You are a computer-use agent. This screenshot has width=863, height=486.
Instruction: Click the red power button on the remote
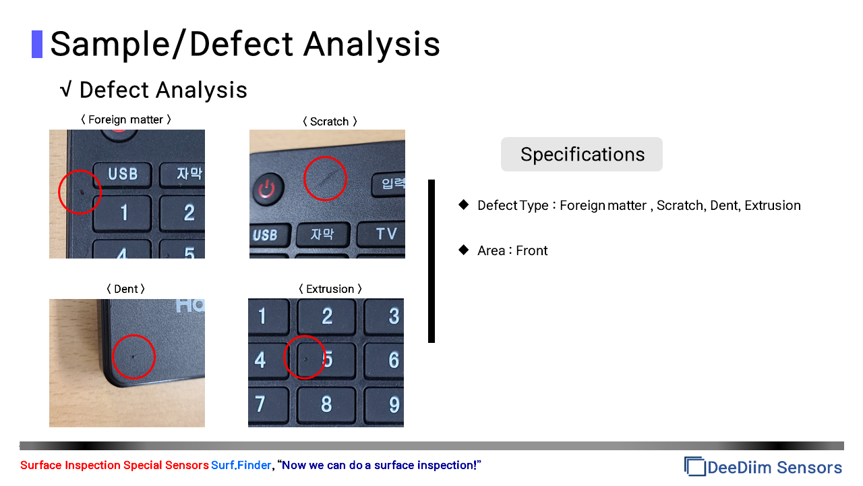tap(268, 188)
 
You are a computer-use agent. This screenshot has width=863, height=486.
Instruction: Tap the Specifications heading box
tap(581, 155)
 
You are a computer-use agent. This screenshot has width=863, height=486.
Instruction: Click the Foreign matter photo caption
tap(126, 119)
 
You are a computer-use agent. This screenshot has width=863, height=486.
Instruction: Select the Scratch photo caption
tap(330, 122)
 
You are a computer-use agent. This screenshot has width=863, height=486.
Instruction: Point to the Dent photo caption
tap(125, 289)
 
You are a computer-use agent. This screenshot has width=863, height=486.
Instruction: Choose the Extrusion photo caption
tap(330, 289)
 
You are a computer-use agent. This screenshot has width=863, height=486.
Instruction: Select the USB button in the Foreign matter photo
tap(123, 174)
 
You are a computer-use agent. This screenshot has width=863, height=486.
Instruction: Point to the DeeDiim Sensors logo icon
tap(694, 466)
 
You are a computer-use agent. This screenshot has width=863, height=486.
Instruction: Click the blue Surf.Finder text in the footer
tap(241, 465)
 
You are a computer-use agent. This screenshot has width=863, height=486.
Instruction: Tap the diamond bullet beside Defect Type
tap(464, 205)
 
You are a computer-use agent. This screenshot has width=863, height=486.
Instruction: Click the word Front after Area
tap(532, 250)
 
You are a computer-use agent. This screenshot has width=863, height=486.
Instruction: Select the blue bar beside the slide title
tap(37, 45)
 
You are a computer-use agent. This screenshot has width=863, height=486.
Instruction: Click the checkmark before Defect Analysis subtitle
tap(66, 89)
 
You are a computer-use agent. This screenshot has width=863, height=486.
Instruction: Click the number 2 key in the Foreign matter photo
tap(182, 213)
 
